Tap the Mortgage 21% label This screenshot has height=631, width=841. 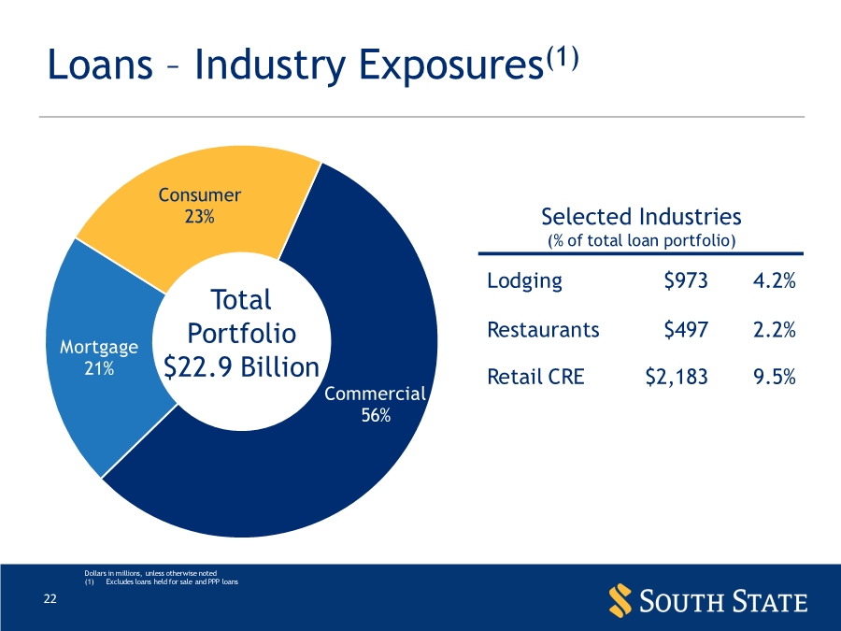(99, 357)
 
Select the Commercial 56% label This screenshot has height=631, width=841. (376, 405)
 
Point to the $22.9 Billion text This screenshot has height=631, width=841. (242, 367)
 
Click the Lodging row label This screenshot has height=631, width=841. (524, 280)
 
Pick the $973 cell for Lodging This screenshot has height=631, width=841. (685, 280)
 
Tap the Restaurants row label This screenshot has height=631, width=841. (543, 329)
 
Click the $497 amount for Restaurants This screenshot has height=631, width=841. (685, 329)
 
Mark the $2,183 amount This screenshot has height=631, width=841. (677, 377)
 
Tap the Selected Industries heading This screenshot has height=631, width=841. (641, 217)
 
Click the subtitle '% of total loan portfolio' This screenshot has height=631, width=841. (641, 241)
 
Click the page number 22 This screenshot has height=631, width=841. (50, 599)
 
